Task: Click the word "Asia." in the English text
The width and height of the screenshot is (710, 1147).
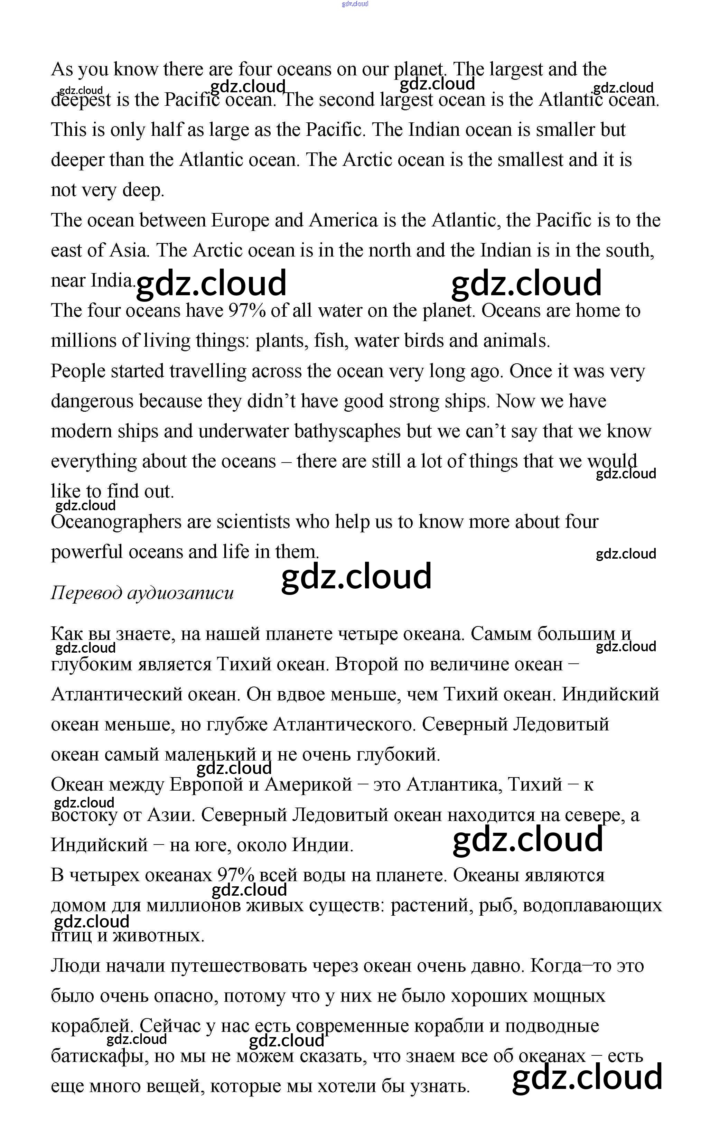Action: [129, 250]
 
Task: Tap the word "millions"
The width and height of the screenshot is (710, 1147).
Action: [84, 341]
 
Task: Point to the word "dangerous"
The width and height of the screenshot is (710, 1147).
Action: [92, 401]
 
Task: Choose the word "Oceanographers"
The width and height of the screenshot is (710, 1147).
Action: [116, 522]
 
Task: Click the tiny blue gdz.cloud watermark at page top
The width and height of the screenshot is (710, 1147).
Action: [355, 4]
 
